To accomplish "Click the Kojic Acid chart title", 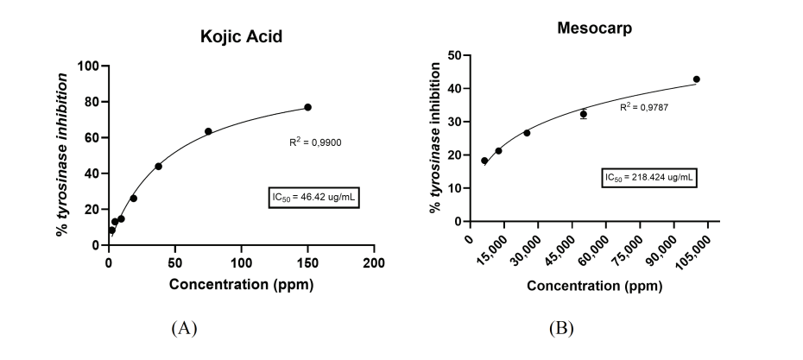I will tap(241, 37).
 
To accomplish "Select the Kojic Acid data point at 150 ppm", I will tap(307, 107).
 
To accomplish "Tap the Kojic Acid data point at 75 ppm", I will tap(208, 131).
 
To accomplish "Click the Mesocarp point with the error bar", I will tap(584, 114).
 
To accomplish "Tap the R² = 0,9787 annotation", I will tap(643, 107).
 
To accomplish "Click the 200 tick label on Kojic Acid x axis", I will tap(374, 262).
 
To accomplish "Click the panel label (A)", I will tap(186, 328).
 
